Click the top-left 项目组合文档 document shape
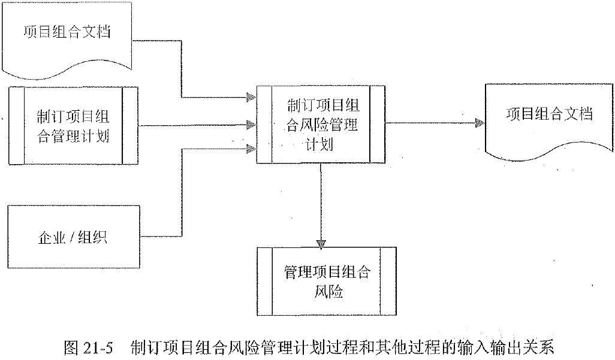[x=66, y=36]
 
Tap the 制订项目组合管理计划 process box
[x=73, y=126]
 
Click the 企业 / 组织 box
[x=73, y=237]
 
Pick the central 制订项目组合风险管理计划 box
[x=321, y=125]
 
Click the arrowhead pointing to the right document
[x=479, y=123]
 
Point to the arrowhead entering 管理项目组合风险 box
[x=321, y=243]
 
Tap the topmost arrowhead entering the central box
[x=252, y=98]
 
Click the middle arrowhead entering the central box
[x=252, y=126]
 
